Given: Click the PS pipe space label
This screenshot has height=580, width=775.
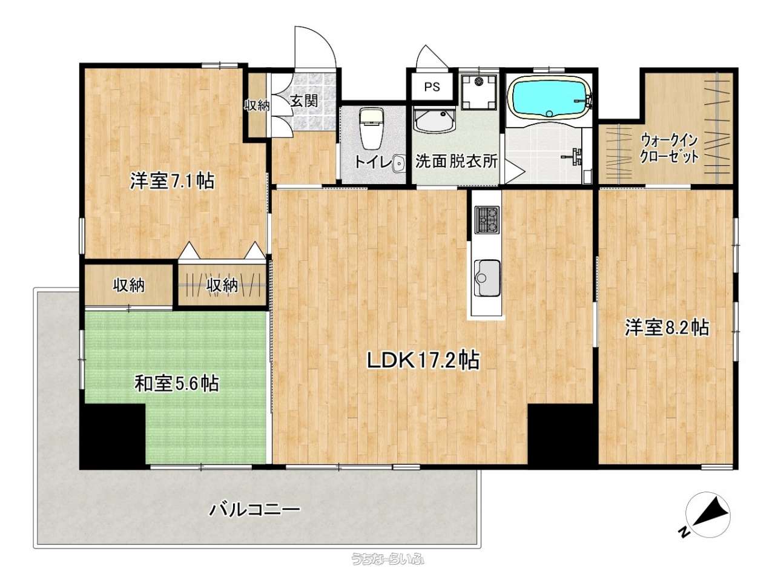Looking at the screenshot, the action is tap(432, 87).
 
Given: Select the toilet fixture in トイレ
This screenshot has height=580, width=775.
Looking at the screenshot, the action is tap(371, 128).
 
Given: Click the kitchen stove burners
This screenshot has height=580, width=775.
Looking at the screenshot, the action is tap(487, 220).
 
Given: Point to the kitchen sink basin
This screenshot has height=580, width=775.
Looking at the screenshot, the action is tap(487, 278).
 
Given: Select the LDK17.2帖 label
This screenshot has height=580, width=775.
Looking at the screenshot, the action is tap(423, 360).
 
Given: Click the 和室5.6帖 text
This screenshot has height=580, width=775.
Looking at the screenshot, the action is tap(177, 383).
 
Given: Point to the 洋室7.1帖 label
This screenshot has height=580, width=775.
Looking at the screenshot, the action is tap(173, 182).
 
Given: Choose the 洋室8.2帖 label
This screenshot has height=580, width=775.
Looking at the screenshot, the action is tap(667, 328).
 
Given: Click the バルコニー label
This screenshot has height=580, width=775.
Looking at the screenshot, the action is tap(255, 510).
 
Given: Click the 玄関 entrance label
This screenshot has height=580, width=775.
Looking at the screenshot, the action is tap(305, 101).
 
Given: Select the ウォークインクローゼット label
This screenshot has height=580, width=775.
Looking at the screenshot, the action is tap(670, 148).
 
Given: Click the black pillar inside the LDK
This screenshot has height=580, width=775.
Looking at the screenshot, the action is tap(560, 434).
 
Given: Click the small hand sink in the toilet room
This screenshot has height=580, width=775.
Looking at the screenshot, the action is tap(398, 164).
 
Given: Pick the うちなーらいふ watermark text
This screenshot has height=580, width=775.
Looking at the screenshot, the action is tap(387, 559).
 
